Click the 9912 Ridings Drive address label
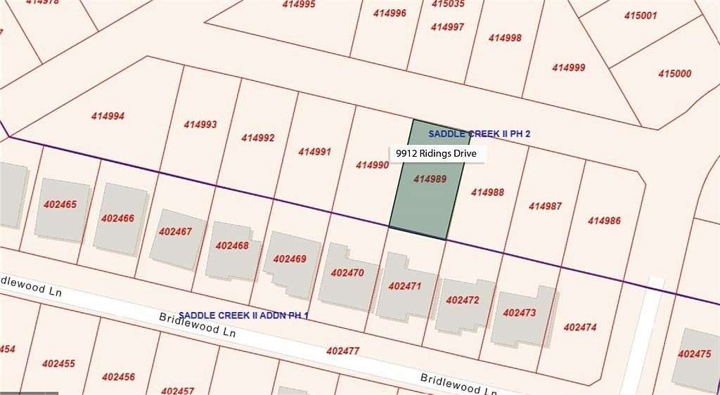[436, 154]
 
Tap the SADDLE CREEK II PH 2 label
[480, 134]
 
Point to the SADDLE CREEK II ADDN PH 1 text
[243, 315]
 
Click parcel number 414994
[108, 116]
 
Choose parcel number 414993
[200, 124]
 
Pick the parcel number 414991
[314, 151]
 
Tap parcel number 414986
[604, 221]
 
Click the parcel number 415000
[674, 73]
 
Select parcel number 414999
[568, 67]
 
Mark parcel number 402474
[580, 327]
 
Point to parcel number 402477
[343, 350]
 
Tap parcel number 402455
[58, 363]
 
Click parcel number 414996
[390, 13]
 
